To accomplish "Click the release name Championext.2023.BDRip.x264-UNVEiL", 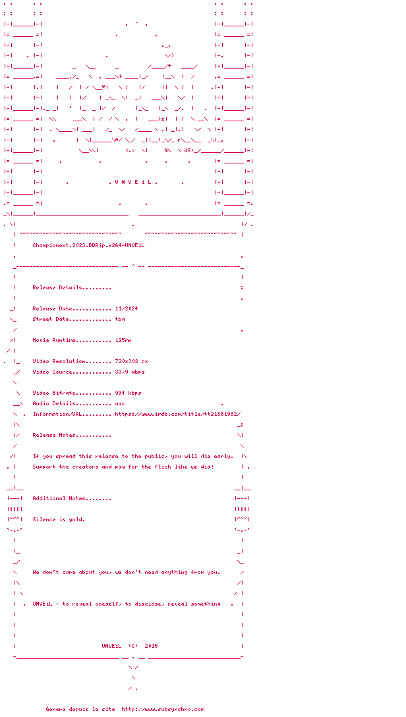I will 88,245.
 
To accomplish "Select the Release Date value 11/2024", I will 127,308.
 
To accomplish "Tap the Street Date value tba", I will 120,319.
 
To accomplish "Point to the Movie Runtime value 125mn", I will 123,340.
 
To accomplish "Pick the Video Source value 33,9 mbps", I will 130,372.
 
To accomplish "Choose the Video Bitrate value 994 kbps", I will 128,393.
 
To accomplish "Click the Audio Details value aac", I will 120,403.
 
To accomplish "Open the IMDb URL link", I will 183,414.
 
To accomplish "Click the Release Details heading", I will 72,287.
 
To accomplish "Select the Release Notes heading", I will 72,435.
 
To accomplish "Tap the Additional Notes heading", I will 72,498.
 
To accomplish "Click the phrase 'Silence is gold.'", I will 59,519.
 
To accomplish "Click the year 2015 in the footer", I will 151,646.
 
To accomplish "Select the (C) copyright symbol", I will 133,646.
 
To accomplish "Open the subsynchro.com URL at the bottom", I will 163,709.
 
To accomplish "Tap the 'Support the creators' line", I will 123,467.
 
